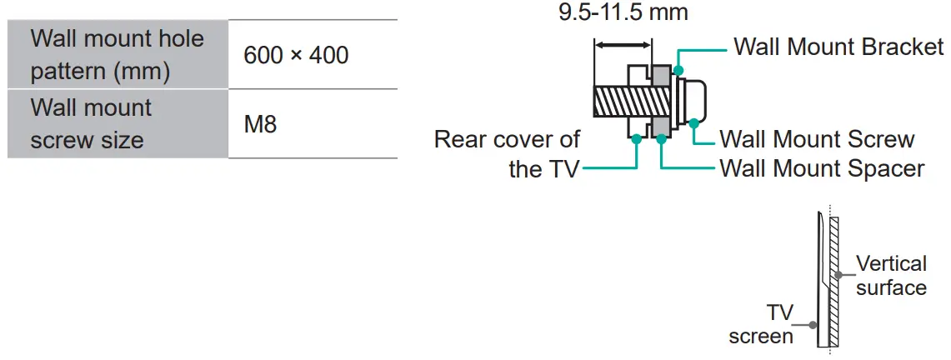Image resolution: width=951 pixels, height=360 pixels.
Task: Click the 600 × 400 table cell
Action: tap(296, 55)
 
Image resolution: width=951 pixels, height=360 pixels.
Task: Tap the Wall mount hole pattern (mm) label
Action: tap(117, 55)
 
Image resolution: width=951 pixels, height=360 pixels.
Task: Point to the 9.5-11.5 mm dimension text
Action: tap(623, 12)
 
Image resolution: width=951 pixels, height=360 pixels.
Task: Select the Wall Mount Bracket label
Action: tap(838, 47)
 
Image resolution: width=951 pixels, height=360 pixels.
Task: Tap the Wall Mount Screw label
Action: tap(817, 139)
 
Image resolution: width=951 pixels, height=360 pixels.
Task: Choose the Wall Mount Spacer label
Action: tap(822, 168)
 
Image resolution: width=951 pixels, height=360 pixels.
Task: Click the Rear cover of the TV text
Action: tap(508, 153)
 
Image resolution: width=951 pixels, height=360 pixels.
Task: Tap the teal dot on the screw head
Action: tap(693, 122)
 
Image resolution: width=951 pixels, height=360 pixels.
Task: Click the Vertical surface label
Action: tap(891, 276)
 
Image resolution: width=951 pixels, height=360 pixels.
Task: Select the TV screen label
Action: tap(760, 324)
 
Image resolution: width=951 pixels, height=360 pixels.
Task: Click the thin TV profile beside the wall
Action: tap(822, 283)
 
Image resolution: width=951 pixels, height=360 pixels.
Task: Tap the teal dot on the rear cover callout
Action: tap(636, 140)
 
